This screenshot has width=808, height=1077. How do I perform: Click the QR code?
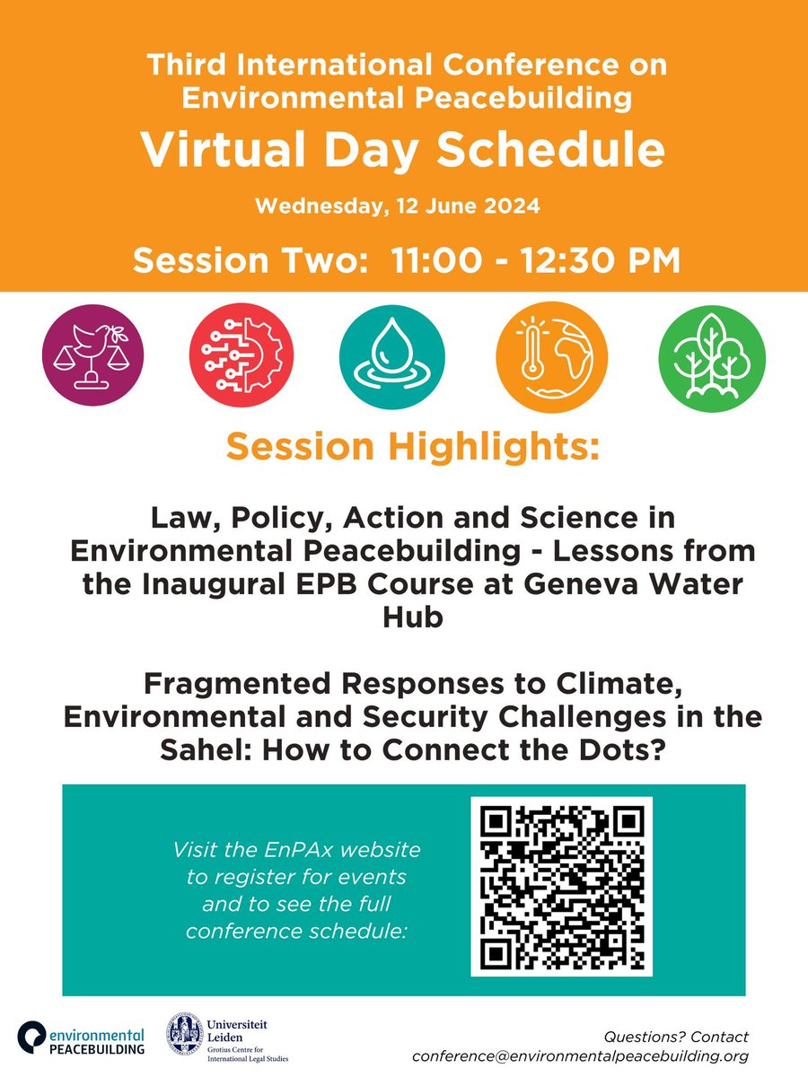point(561,886)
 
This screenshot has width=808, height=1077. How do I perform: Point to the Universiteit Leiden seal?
point(185,1035)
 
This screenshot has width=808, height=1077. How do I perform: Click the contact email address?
point(580,1056)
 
